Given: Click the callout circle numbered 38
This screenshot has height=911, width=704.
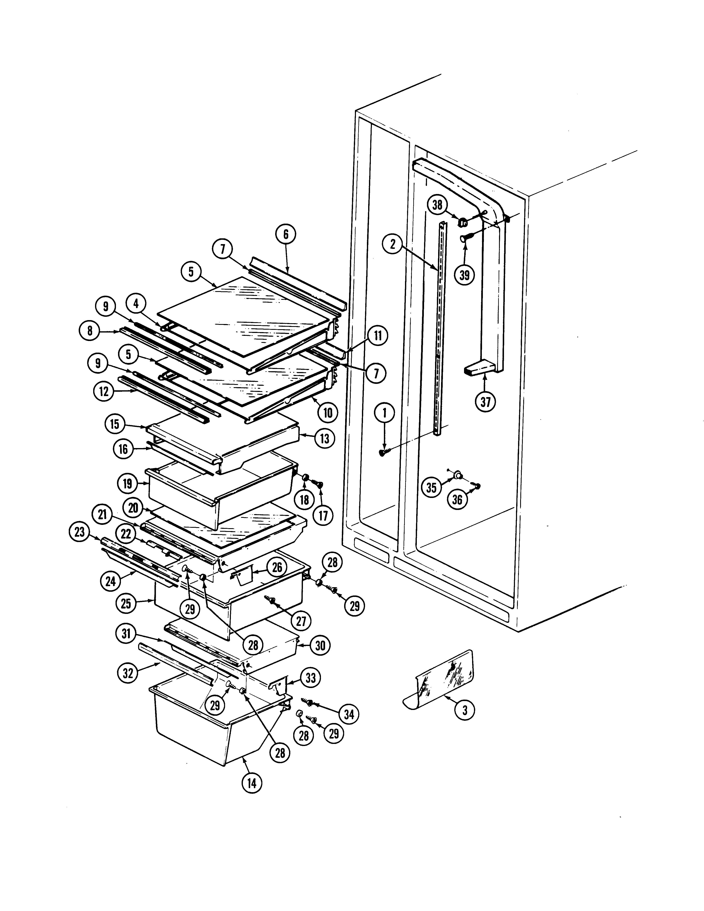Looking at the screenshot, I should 437,205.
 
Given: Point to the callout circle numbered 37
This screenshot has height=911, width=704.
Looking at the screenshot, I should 485,402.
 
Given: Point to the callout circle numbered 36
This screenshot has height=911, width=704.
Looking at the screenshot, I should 458,499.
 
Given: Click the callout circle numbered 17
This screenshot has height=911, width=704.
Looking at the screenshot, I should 323,516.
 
